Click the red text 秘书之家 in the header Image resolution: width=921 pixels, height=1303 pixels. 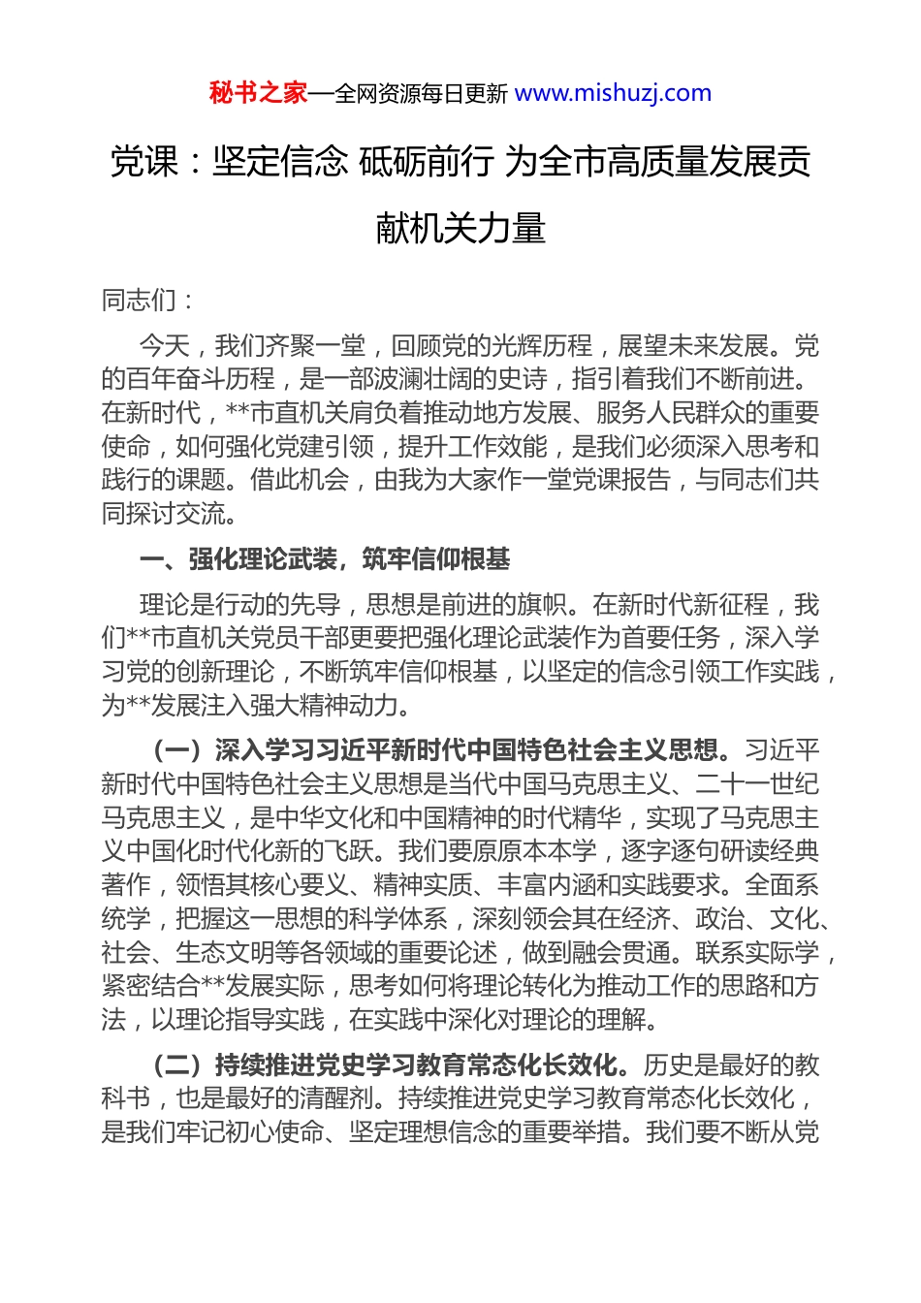pyautogui.click(x=258, y=93)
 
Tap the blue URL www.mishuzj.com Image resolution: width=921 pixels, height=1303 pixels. pyautogui.click(x=613, y=93)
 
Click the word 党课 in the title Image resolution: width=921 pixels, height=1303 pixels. pyautogui.click(x=144, y=161)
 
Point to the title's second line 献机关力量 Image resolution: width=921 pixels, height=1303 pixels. pyautogui.click(x=460, y=229)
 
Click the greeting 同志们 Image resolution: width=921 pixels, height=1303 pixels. pyautogui.click(x=139, y=301)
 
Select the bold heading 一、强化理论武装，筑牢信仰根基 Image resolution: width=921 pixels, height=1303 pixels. pyautogui.click(x=325, y=559)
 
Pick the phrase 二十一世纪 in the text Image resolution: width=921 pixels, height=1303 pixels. pyautogui.click(x=757, y=783)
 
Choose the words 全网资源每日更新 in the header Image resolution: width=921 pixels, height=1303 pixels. pyautogui.click(x=420, y=94)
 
